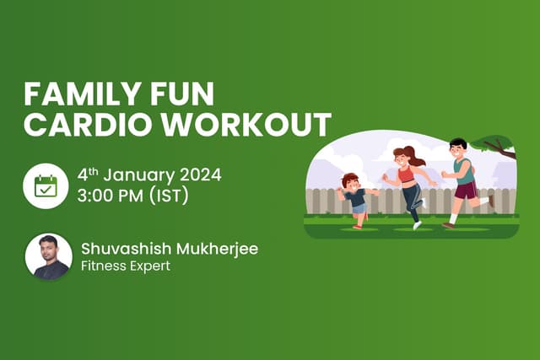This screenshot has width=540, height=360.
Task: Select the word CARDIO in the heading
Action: [x=79, y=124]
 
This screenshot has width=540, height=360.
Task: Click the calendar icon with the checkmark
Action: [x=46, y=185]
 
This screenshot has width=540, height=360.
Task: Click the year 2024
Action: [x=201, y=176]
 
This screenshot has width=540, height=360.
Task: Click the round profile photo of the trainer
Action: [x=48, y=255]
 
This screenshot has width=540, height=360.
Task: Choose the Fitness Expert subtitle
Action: [x=126, y=266]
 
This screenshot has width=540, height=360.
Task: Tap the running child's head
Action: [x=350, y=180]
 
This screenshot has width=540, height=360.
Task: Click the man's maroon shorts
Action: [x=465, y=191]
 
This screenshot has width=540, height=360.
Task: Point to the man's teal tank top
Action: [x=462, y=170]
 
